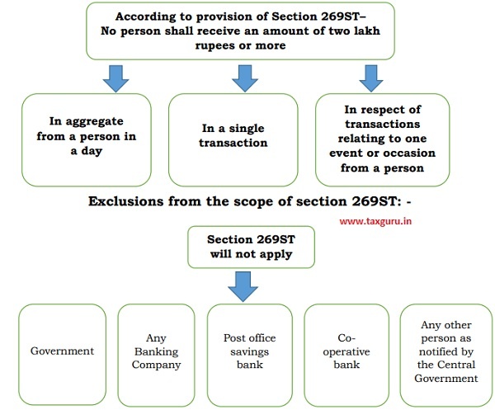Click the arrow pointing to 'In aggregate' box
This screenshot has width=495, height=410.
115,78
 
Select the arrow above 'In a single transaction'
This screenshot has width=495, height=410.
245,78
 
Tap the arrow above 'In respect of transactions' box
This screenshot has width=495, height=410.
371,78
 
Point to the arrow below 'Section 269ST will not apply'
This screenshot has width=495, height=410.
243,286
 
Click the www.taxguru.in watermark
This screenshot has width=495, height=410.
375,221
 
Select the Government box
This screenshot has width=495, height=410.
62,355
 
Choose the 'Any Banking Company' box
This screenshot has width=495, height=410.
156,355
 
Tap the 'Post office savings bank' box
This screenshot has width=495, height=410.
250,355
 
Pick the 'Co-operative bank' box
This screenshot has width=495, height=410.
346,355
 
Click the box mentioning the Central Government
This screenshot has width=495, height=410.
446,355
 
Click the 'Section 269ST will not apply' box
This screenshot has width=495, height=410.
252,247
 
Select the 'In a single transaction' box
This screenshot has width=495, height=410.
233,139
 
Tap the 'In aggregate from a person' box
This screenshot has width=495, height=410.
87,139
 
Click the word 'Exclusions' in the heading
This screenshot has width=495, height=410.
125,201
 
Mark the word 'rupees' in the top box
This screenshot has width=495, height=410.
214,46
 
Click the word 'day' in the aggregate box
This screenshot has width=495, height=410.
92,151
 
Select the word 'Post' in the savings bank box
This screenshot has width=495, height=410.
232,338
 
